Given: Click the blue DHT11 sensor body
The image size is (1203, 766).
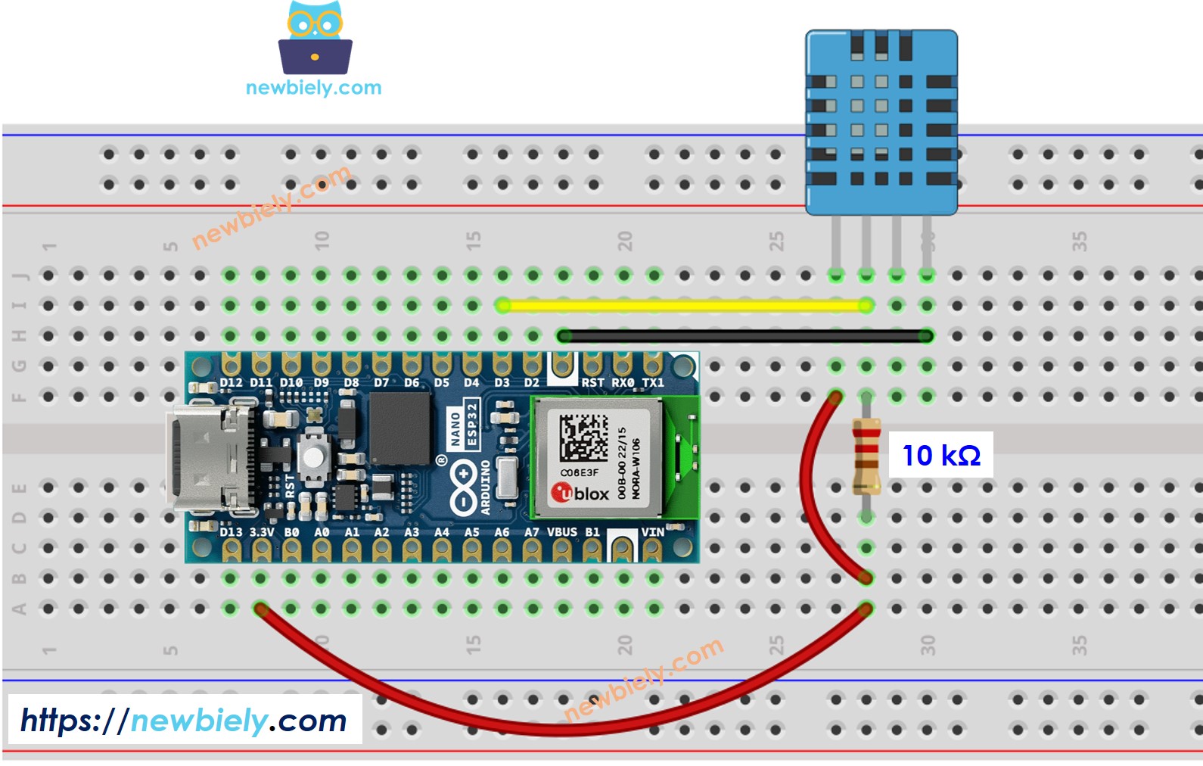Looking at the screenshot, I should [881, 121].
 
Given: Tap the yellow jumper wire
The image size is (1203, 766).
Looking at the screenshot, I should [681, 306].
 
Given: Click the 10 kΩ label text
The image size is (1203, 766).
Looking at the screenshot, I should [940, 456].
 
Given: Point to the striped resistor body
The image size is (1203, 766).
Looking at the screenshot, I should [866, 456].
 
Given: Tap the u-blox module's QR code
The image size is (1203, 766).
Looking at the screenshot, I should [583, 437].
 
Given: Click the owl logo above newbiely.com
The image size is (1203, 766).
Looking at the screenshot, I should [315, 38].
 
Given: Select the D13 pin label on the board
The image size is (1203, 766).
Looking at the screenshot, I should [231, 532].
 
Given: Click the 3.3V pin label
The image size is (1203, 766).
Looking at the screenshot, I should [262, 532].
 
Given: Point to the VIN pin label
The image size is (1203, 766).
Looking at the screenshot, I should [652, 532].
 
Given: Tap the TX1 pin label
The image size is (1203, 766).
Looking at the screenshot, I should [652, 383].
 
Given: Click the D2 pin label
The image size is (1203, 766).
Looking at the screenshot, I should [532, 383].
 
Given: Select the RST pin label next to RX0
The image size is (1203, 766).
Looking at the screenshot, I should [592, 383].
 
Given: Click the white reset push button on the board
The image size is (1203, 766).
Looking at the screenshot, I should [312, 456].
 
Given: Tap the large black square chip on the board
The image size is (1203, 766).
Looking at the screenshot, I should [399, 429].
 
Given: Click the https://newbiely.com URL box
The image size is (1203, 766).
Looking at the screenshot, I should [184, 720].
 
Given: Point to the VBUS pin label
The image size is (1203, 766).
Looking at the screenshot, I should [561, 532].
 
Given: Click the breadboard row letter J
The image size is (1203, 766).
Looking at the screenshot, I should [20, 276].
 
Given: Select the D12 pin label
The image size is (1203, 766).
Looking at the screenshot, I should [231, 383].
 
